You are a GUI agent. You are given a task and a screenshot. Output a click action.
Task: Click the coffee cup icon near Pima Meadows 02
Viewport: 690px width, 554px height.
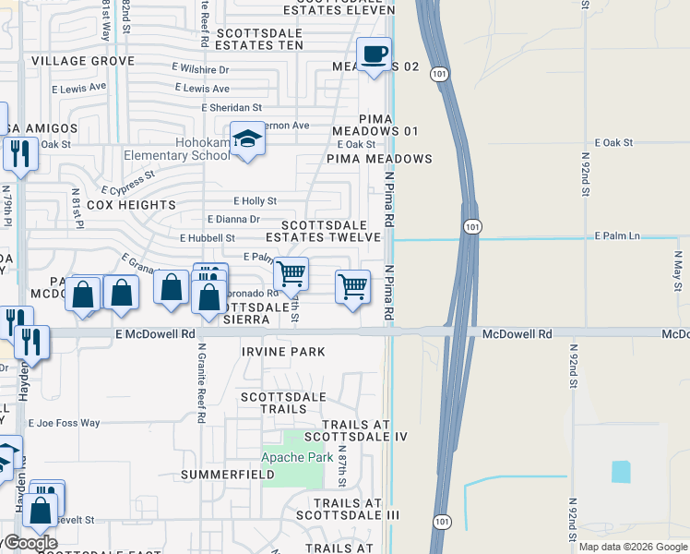[x=374, y=54]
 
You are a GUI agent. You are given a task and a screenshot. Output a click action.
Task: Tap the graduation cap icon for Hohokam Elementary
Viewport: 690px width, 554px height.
[x=246, y=139]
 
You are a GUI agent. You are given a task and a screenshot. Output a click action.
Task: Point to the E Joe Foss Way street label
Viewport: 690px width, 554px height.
[x=64, y=423]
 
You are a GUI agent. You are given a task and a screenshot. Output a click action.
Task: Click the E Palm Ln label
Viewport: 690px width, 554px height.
[x=617, y=236]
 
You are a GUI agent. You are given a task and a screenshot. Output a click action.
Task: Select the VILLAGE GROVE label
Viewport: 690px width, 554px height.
[x=83, y=61]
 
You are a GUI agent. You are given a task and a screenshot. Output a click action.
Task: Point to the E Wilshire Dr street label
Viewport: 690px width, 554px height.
[x=200, y=68]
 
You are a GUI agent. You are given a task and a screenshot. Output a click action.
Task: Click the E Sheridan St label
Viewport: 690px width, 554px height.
[x=232, y=107]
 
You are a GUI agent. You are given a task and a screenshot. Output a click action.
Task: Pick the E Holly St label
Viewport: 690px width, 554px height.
[x=255, y=200]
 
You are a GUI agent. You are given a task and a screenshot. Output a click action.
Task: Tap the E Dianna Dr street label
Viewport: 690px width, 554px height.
[x=233, y=219]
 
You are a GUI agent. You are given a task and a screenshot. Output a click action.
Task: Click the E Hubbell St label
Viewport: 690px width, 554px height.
[x=208, y=237]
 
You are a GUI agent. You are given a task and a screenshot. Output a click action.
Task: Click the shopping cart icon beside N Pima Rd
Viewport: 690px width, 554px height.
[x=353, y=287]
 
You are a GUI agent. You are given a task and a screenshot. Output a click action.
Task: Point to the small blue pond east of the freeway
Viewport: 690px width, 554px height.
[x=621, y=471]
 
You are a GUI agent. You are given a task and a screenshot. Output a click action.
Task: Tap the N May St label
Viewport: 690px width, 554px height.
[x=677, y=274]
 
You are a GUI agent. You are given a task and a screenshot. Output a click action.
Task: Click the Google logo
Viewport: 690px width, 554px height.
[x=30, y=543]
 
